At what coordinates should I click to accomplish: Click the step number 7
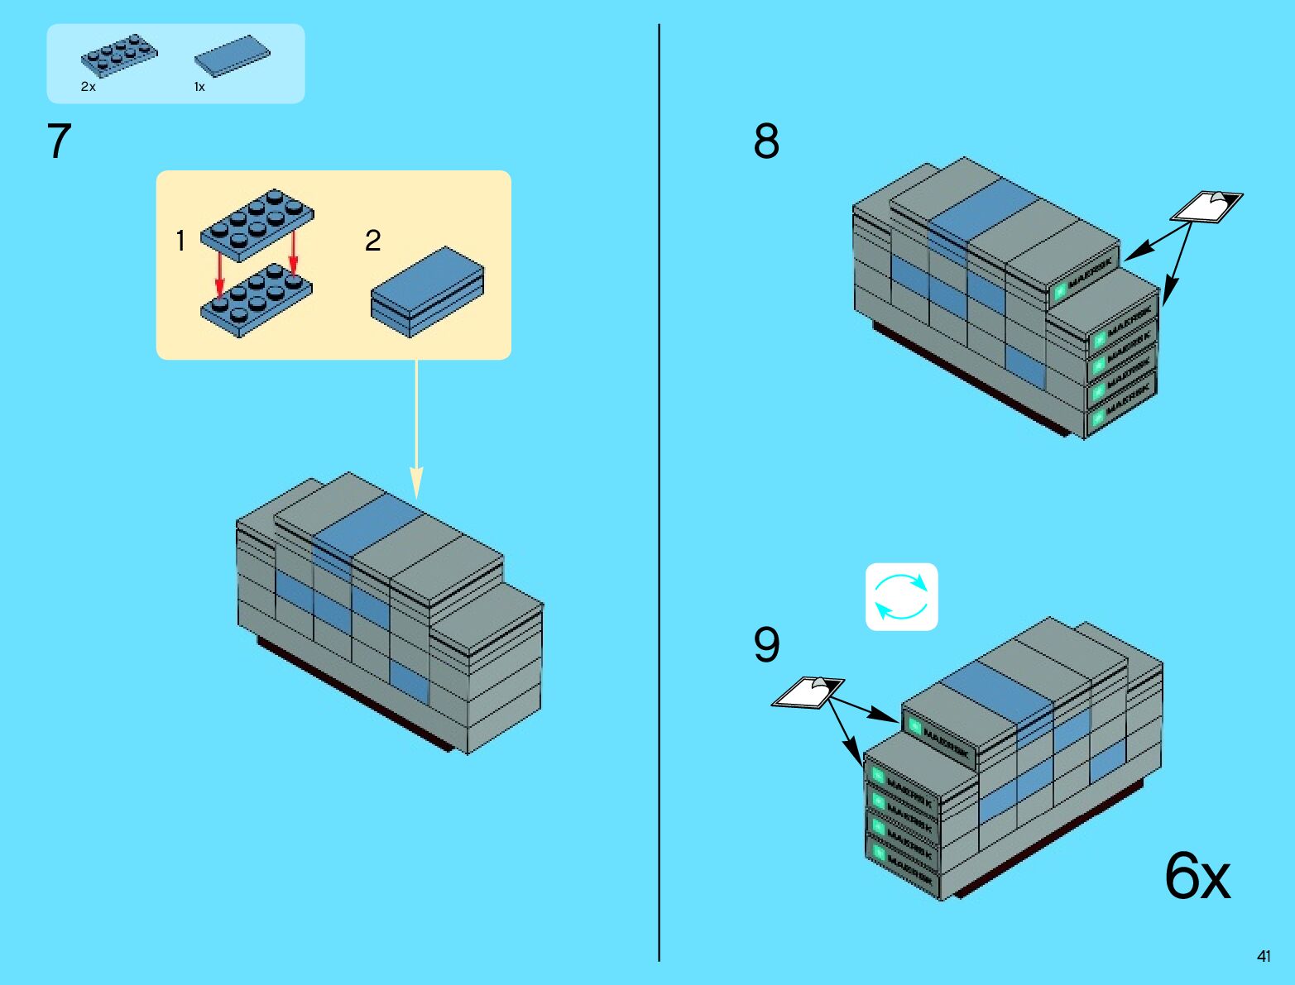[x=59, y=141]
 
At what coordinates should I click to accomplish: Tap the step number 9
[x=766, y=644]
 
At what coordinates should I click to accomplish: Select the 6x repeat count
[x=1197, y=875]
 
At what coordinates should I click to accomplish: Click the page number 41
[x=1264, y=956]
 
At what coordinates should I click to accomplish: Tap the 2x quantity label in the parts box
[x=89, y=87]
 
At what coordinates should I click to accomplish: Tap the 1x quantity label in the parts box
[x=199, y=87]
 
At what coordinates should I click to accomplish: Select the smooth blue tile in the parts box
[x=232, y=56]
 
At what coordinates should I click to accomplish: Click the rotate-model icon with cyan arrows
[x=901, y=597]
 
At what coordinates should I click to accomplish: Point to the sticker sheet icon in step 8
[x=1206, y=206]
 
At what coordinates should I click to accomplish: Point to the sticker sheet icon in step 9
[x=808, y=691]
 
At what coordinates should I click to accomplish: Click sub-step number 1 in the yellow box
[x=180, y=241]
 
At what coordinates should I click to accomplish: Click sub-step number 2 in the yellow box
[x=373, y=241]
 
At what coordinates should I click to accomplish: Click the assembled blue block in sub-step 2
[x=427, y=290]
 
